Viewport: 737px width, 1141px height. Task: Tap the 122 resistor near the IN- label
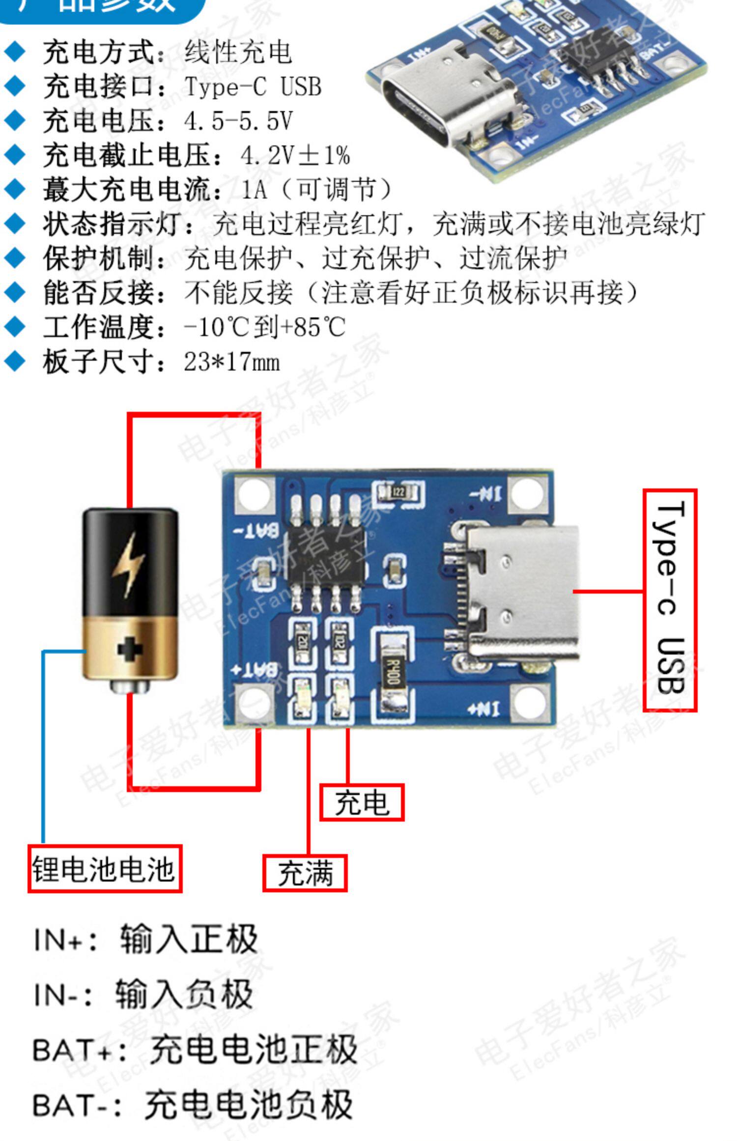coord(397,492)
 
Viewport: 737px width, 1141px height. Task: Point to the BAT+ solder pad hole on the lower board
coord(254,704)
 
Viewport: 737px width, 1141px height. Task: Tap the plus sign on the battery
coord(130,650)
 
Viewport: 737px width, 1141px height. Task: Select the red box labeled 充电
coord(362,802)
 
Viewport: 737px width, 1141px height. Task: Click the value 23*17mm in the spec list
coord(232,362)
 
